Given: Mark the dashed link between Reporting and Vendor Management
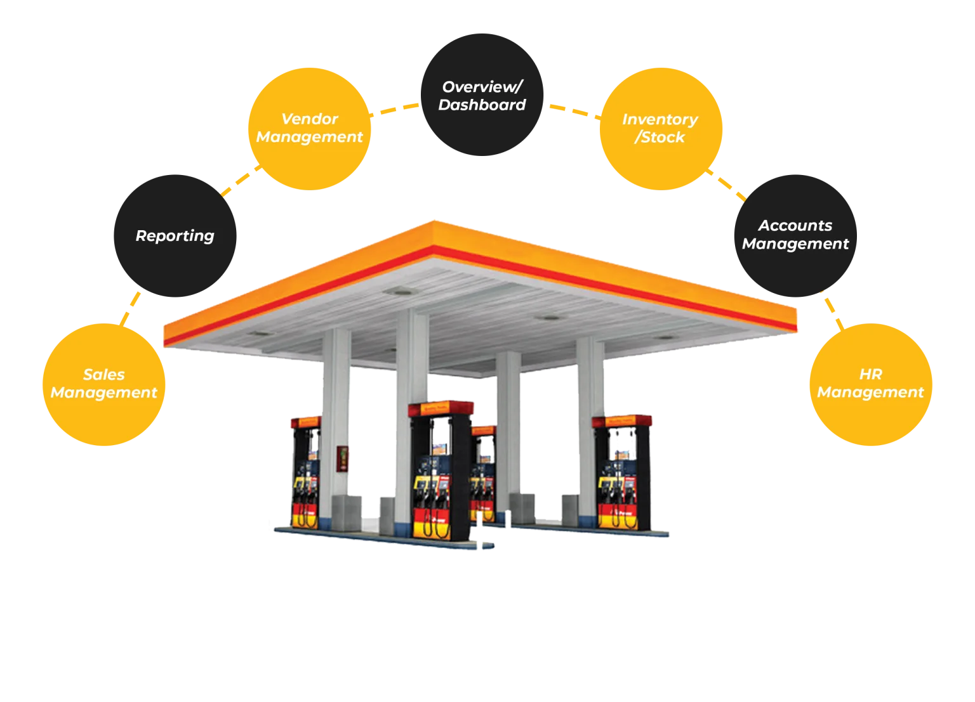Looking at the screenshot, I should pyautogui.click(x=236, y=183).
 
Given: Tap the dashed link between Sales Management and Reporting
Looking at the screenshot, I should pyautogui.click(x=130, y=308).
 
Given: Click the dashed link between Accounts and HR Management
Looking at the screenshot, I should pyautogui.click(x=832, y=309).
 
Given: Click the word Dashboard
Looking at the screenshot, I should pyautogui.click(x=482, y=105).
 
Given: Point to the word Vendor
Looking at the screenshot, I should pyautogui.click(x=309, y=119).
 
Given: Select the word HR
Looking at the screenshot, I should pyautogui.click(x=870, y=374).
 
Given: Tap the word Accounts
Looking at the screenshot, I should pyautogui.click(x=795, y=226).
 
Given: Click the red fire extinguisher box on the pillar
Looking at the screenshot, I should pyautogui.click(x=342, y=459).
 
